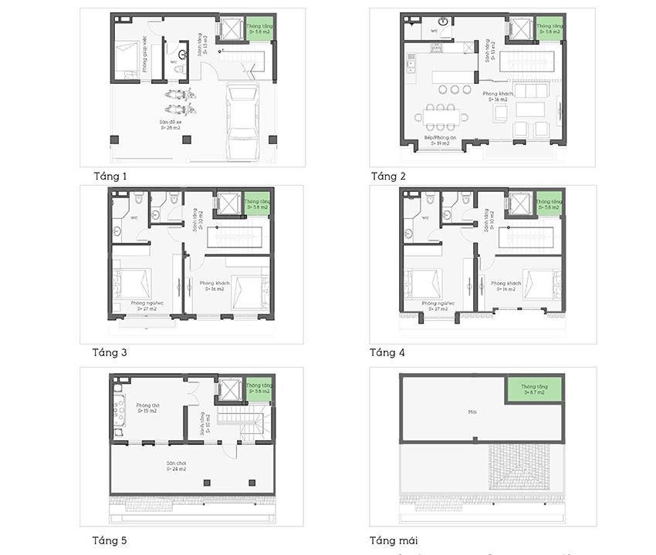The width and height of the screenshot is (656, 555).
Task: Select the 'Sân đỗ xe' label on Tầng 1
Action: coord(171,125)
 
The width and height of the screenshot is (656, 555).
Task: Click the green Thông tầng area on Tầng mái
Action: coord(533,389)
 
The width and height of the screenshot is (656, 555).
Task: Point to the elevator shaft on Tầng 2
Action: coord(521,29)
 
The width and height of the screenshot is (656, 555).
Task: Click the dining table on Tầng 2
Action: coord(441,117)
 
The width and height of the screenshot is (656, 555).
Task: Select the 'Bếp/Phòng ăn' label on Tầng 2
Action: coord(441,140)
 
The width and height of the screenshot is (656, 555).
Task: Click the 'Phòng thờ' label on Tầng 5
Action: coord(147,408)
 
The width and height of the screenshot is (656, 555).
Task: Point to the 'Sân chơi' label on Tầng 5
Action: coord(177,466)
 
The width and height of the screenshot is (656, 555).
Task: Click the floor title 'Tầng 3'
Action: coord(109,353)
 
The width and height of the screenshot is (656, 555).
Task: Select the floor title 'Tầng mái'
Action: coord(394,540)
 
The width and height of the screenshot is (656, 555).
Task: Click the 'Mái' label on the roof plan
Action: coord(472,412)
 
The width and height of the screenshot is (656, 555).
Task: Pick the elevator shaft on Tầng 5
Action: coord(230,389)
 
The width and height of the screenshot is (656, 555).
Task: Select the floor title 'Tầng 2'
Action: coord(387,177)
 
